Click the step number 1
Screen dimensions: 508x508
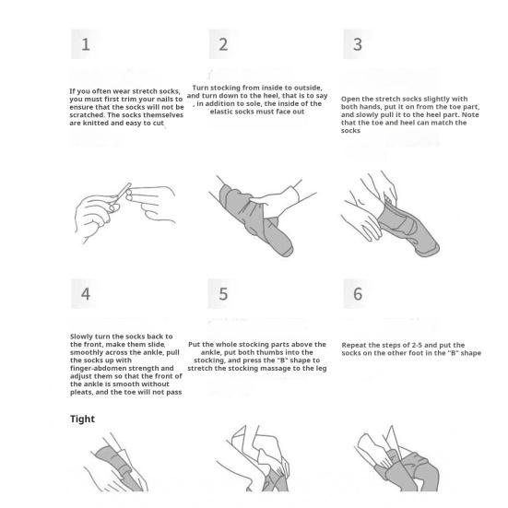(86, 44)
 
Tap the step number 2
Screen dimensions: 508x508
(223, 44)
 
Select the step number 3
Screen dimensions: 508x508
(358, 44)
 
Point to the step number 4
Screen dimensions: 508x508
(86, 294)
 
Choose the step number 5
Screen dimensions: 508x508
(223, 294)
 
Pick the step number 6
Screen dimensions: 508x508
(358, 294)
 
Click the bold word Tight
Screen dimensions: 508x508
(82, 419)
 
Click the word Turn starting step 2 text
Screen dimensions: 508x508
(200, 88)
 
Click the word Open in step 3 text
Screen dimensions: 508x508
(349, 99)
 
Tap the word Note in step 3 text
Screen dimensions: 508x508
(470, 114)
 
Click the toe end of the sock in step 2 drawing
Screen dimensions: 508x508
(285, 249)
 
